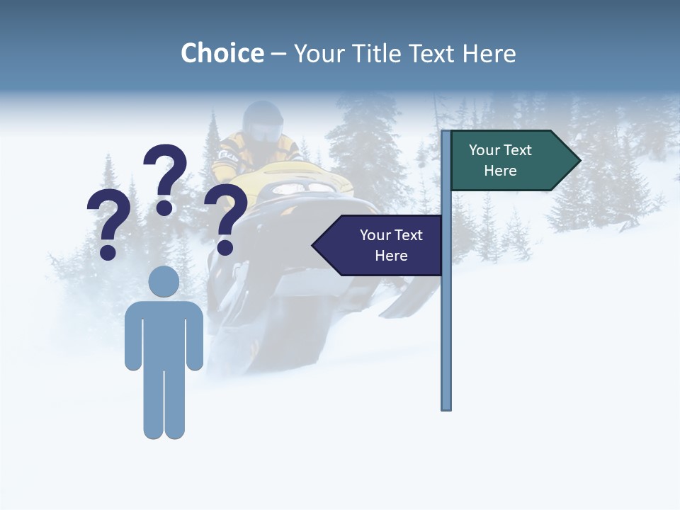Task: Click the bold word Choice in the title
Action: (x=222, y=53)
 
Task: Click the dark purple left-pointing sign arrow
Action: (x=380, y=245)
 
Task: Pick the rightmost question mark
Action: (x=226, y=216)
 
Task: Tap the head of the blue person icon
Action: (x=164, y=281)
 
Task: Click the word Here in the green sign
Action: (x=500, y=171)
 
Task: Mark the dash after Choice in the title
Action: (x=278, y=54)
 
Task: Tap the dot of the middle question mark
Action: (x=164, y=208)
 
